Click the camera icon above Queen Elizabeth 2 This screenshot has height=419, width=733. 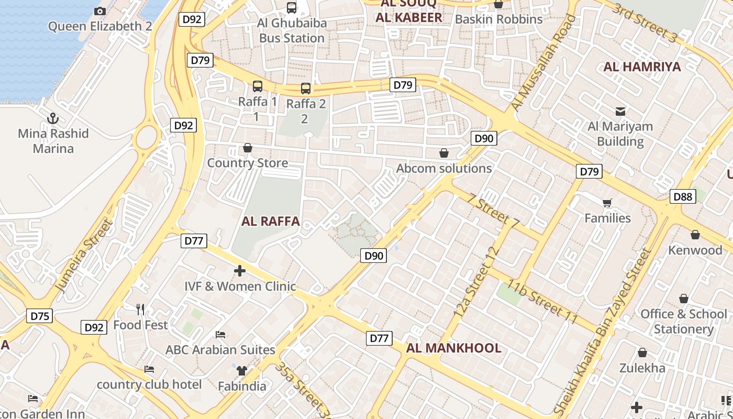100,11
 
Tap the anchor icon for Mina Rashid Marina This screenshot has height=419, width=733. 53,118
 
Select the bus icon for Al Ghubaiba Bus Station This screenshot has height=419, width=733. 292,8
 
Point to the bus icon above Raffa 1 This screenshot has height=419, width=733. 258,86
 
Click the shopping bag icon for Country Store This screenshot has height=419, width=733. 248,148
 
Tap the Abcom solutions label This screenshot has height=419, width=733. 444,168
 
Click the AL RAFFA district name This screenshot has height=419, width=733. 271,221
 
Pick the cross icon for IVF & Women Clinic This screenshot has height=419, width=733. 240,271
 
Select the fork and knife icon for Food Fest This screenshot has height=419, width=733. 140,310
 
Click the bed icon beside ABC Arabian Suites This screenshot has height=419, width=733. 220,335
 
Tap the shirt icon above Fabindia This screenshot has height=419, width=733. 241,371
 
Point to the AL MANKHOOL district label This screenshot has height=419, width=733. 454,348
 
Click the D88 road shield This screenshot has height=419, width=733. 683,197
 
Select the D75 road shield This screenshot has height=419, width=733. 39,316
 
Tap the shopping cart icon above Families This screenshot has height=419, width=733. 607,203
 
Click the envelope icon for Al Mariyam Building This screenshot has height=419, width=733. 620,111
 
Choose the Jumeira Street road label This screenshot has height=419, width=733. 84,256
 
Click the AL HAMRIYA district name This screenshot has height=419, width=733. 642,67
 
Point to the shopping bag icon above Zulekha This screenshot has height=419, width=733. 642,352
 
